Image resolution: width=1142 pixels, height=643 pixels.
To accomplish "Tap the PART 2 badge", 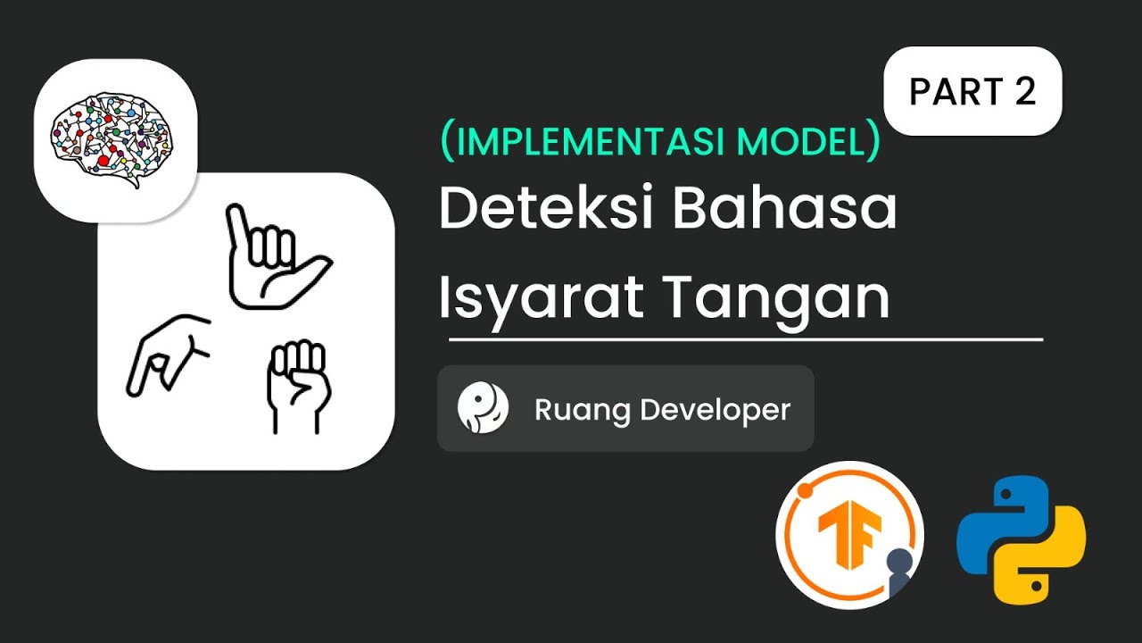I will click(x=972, y=91).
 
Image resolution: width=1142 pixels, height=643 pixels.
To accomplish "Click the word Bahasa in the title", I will click(x=784, y=211).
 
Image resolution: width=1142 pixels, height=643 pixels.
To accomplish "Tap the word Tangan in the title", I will click(x=777, y=298).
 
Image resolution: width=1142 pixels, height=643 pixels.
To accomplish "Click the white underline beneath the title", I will click(x=745, y=340).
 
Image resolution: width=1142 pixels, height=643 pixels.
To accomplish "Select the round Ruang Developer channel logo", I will click(x=483, y=409).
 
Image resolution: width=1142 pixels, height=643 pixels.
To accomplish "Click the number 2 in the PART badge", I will click(x=1024, y=91).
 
